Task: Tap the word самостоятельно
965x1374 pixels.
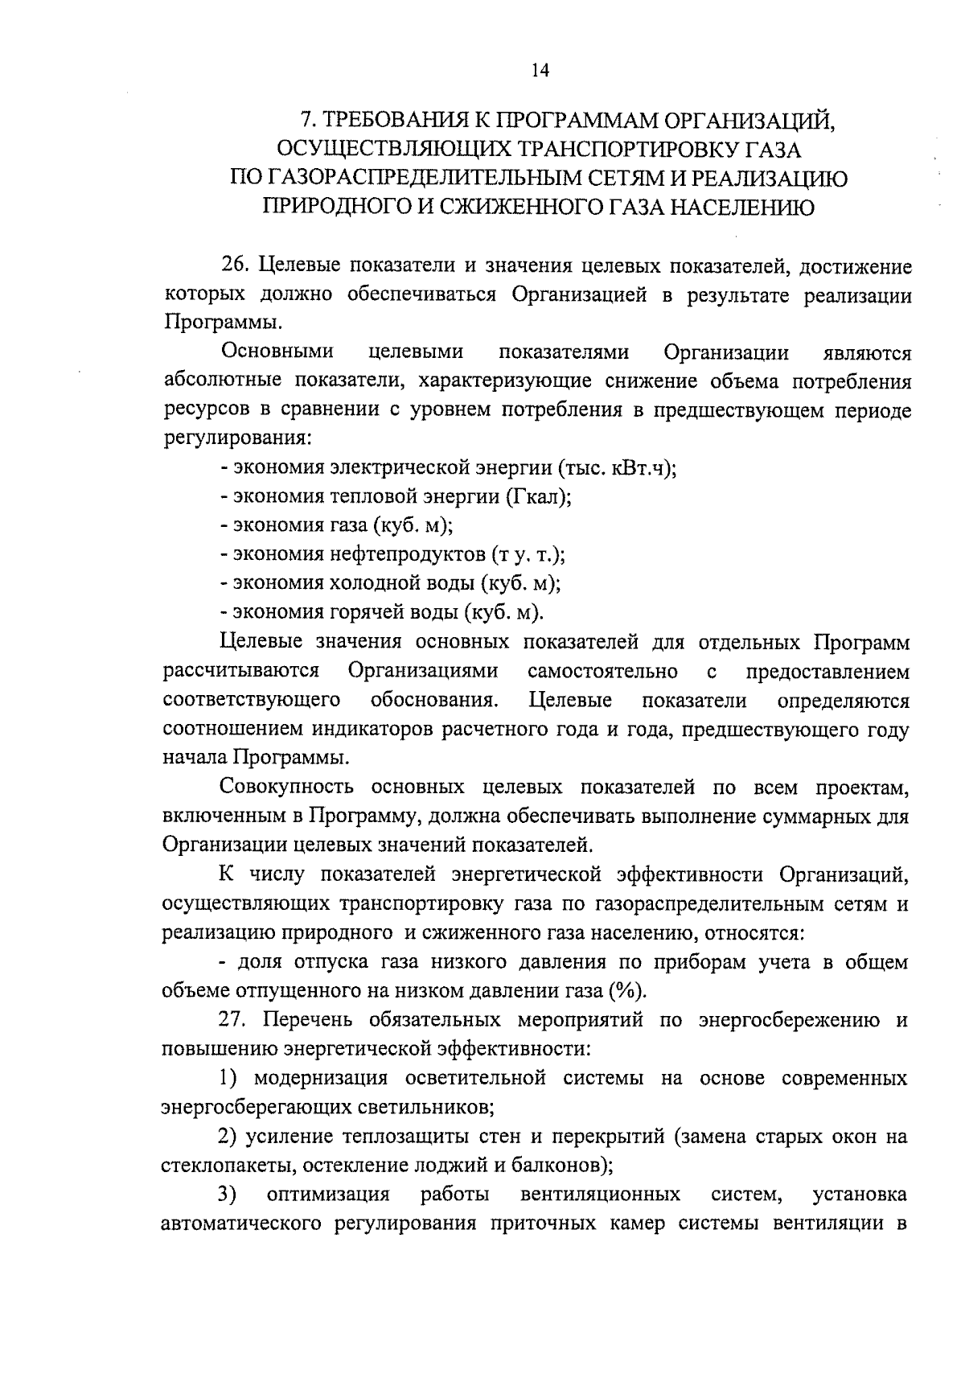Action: pyautogui.click(x=602, y=671)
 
